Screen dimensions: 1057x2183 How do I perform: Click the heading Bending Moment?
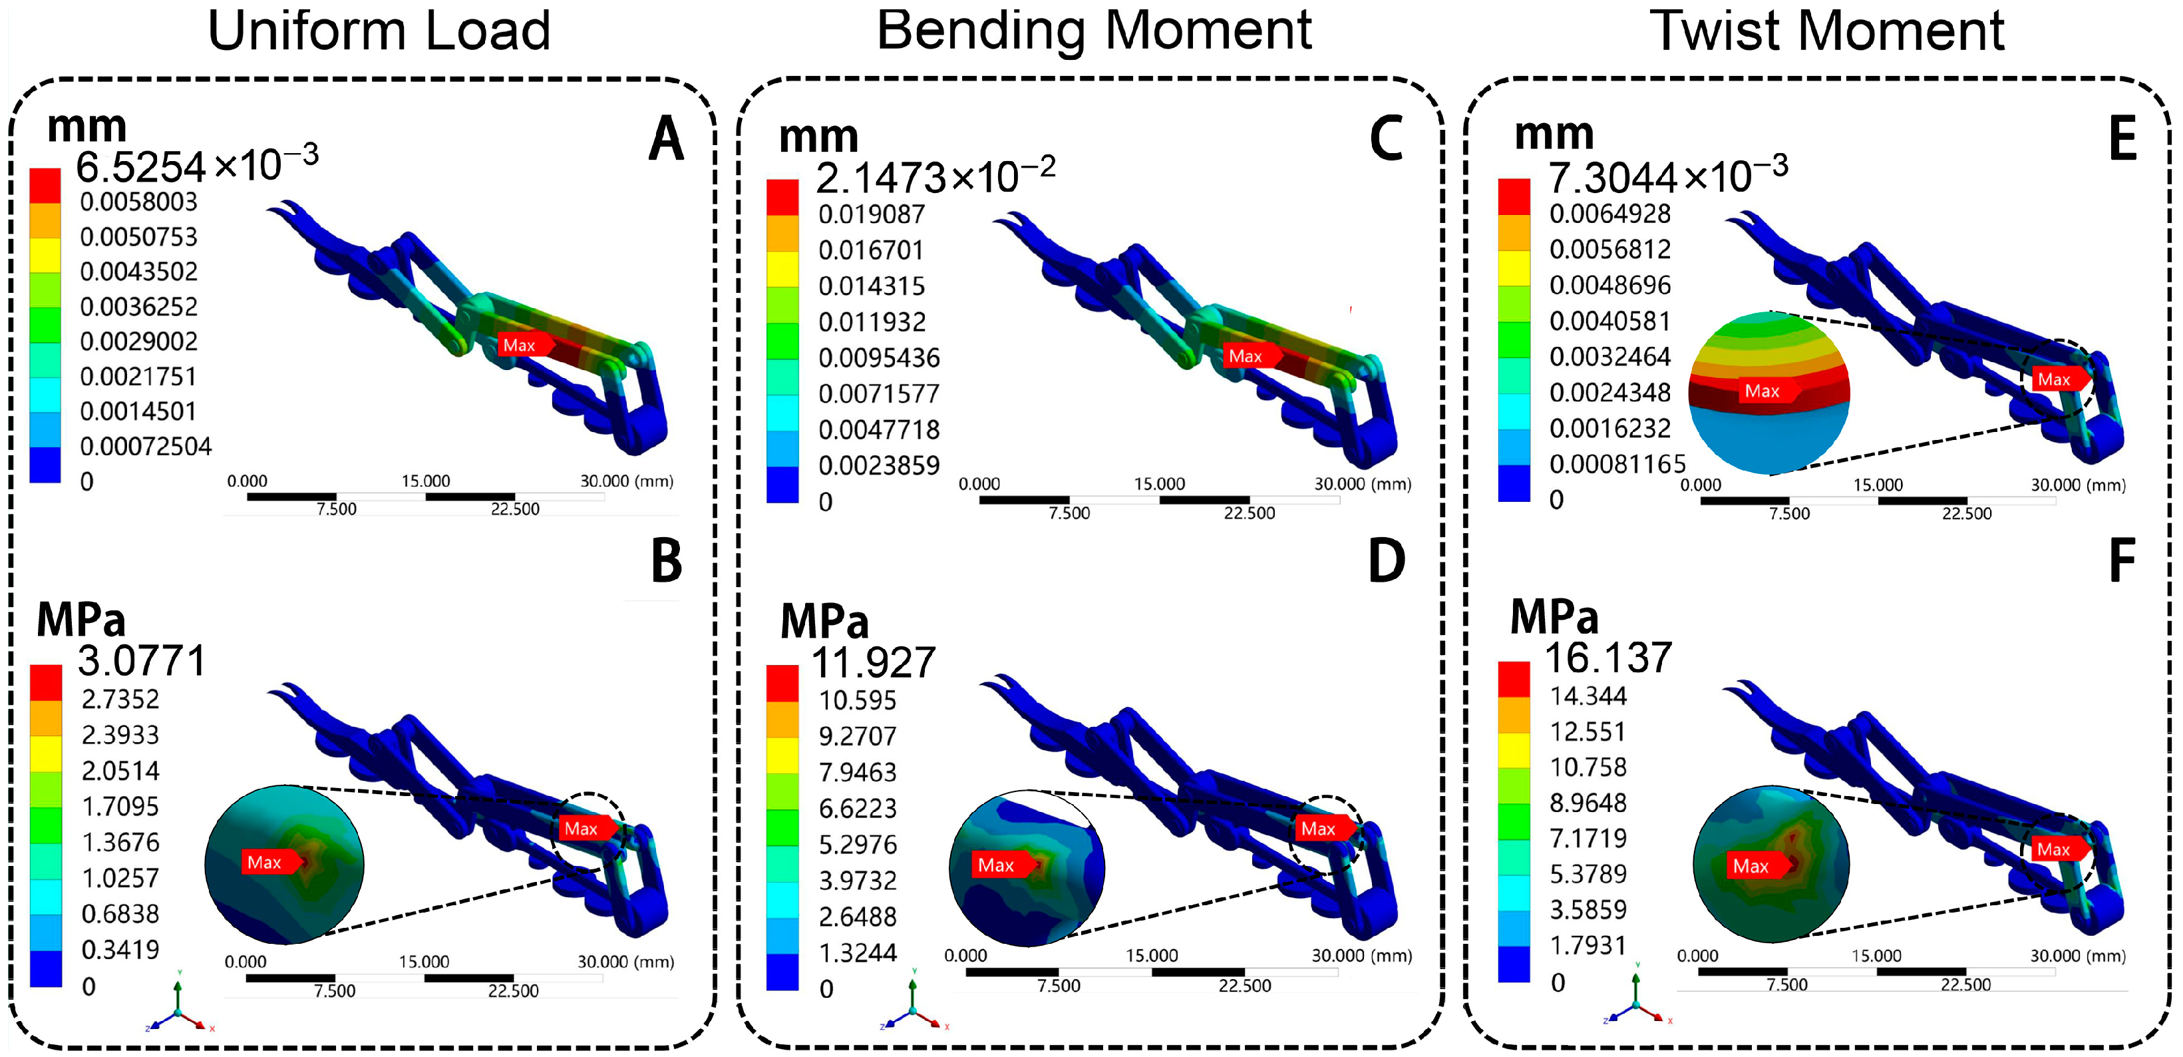1093,32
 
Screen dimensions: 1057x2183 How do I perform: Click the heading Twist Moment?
1826,32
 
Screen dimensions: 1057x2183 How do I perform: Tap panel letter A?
666,139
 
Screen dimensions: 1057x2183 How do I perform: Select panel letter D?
1387,561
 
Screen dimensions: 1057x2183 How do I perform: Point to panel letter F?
2122,561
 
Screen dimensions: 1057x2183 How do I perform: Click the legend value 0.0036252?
139,306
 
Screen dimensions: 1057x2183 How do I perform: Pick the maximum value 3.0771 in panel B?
142,660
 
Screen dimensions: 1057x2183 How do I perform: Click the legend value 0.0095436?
879,357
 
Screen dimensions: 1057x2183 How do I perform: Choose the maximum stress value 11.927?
873,662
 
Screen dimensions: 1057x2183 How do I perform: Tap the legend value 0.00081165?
1617,464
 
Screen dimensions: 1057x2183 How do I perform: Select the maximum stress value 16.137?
1607,658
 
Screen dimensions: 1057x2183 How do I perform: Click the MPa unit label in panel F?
1554,617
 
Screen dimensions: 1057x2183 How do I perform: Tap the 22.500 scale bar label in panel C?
1248,513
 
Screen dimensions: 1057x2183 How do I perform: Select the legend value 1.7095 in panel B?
120,806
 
